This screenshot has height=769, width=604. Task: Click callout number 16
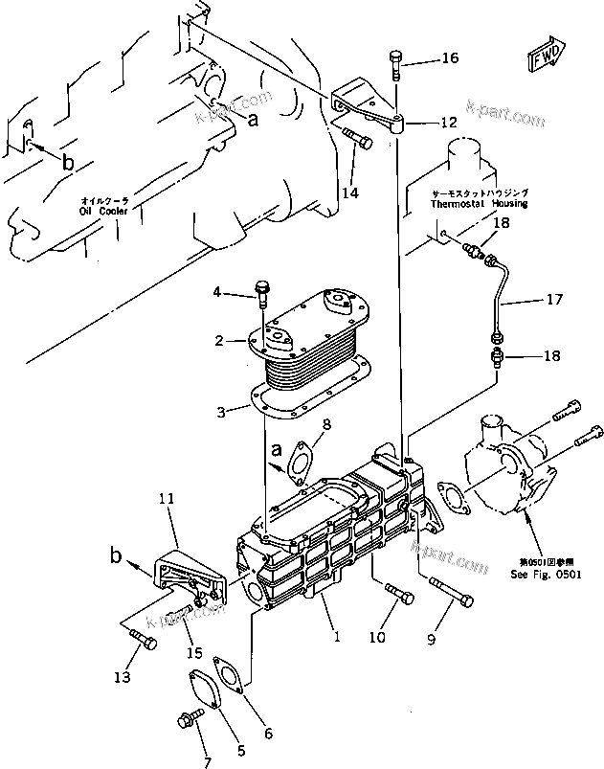click(x=449, y=59)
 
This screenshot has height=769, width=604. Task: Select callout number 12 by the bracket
click(x=449, y=123)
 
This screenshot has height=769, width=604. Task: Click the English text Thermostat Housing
click(x=479, y=204)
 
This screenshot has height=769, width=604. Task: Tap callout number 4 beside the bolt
click(x=216, y=291)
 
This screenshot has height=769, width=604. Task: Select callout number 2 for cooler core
click(x=219, y=340)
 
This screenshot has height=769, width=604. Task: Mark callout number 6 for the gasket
click(x=267, y=734)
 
